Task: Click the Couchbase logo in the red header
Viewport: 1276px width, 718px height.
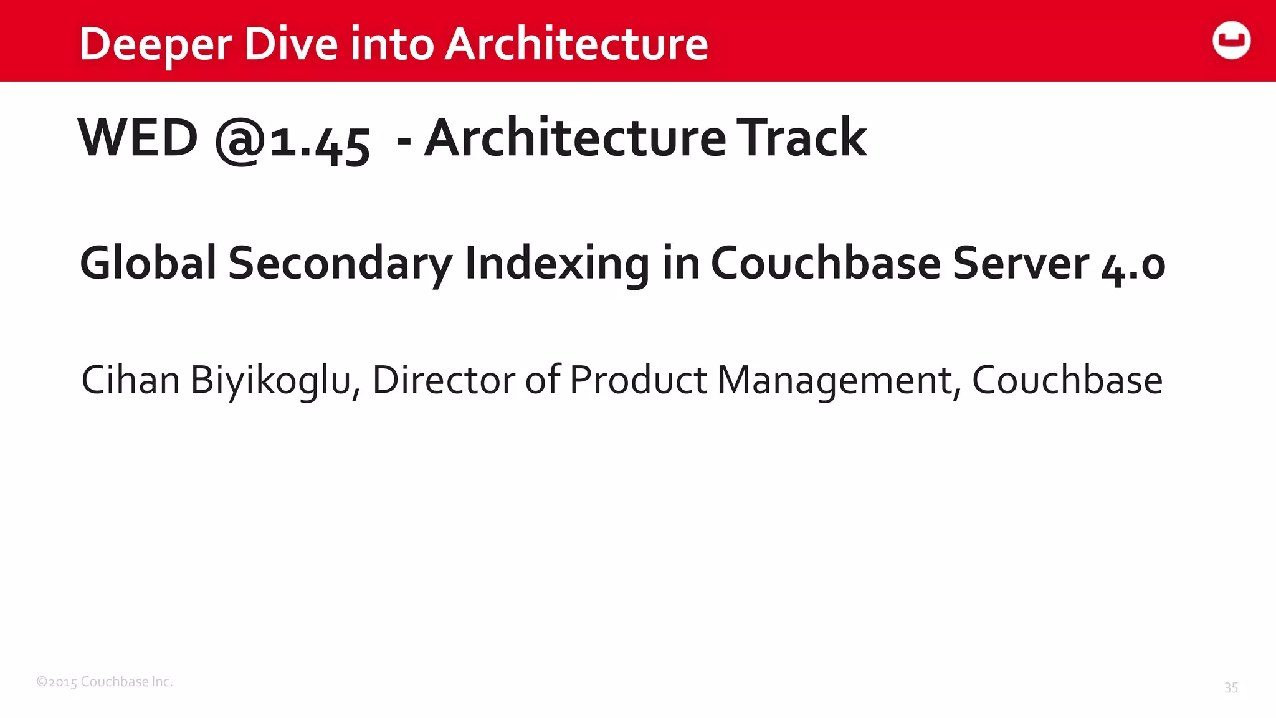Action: point(1231,41)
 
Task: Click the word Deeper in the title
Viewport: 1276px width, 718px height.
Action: point(156,45)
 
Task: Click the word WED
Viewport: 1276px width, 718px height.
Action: point(138,138)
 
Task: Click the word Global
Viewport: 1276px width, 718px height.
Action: point(148,262)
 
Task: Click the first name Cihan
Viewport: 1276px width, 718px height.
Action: point(131,380)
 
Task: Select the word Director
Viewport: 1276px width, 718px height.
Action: point(444,380)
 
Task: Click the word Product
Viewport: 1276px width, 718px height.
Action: point(638,380)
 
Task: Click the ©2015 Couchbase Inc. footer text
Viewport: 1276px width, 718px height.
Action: point(105,682)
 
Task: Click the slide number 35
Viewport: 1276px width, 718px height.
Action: point(1231,687)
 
